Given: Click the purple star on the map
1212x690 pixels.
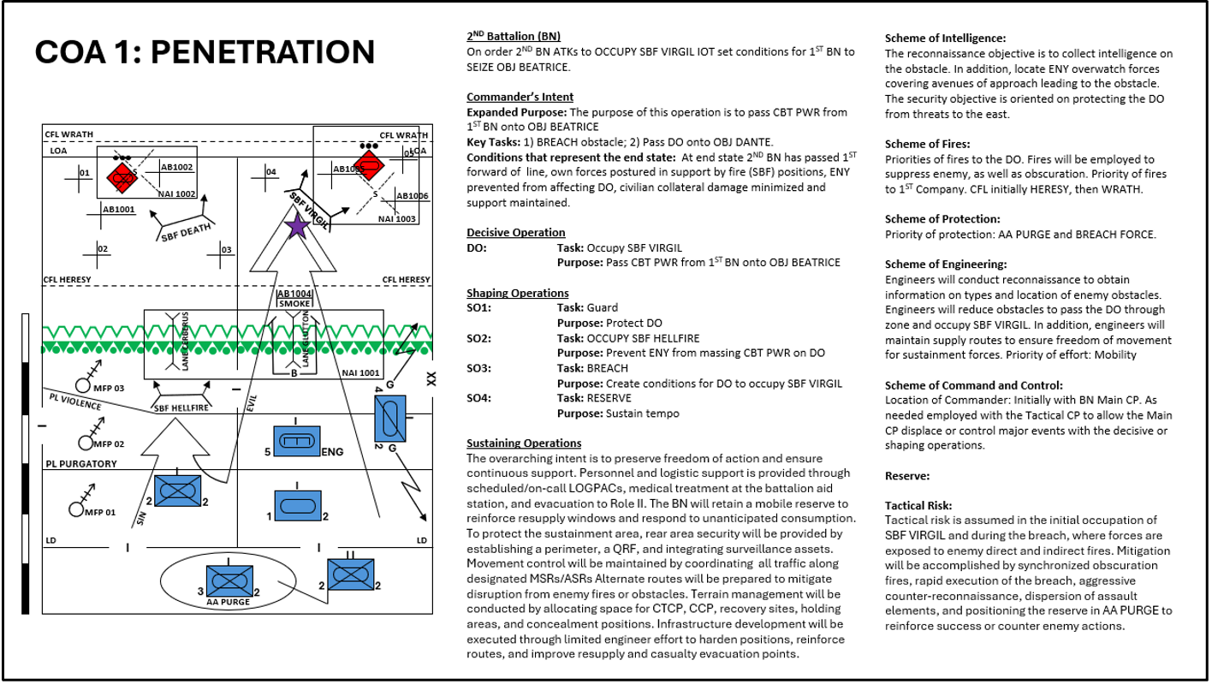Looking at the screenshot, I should tap(297, 227).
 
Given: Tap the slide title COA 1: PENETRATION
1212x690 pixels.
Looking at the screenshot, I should tap(205, 52).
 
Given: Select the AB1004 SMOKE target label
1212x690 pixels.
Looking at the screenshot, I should tap(294, 298).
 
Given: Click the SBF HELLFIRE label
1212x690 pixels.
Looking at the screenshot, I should tap(181, 408).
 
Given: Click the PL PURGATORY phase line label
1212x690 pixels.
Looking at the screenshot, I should tap(80, 464).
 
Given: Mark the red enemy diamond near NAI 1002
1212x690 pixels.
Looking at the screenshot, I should tap(121, 179).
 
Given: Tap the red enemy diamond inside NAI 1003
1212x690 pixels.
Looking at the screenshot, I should tap(369, 167).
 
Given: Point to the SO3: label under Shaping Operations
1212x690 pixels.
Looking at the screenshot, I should tap(479, 368).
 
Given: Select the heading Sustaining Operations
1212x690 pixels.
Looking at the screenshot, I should tap(524, 443).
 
